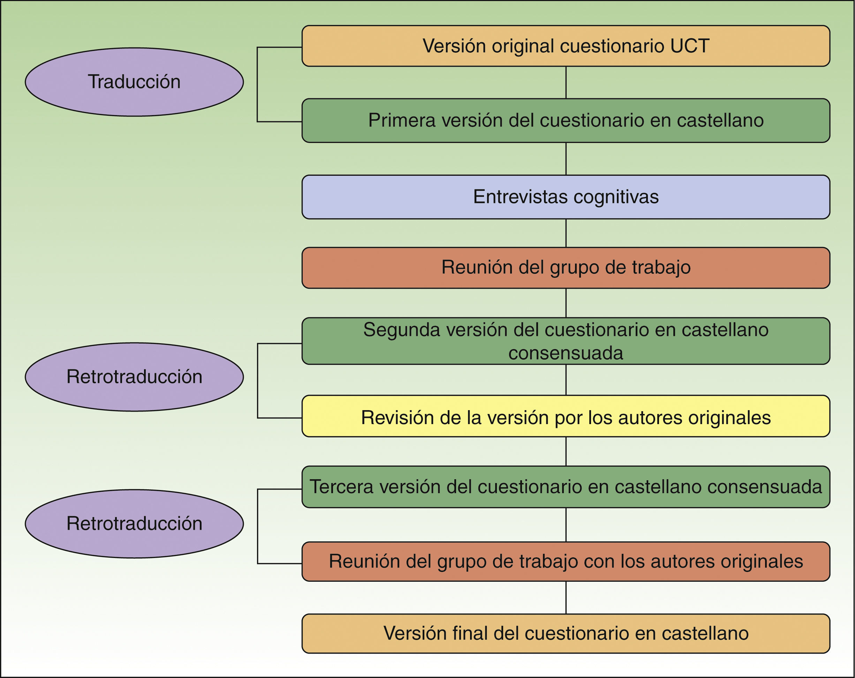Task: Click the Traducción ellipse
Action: tap(134, 82)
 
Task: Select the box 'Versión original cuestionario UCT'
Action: tap(566, 46)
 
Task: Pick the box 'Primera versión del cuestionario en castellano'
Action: tap(566, 121)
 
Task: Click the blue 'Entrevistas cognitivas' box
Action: tap(566, 197)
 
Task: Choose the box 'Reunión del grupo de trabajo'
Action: tap(566, 268)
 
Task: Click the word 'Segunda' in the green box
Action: tap(401, 330)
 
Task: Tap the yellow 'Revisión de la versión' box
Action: tap(566, 416)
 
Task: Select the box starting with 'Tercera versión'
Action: tap(566, 487)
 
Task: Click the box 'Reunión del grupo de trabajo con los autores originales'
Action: tap(566, 562)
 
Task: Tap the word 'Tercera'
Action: tap(341, 487)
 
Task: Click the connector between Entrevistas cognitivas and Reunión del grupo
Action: tap(566, 233)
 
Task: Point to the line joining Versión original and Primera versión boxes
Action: tap(566, 83)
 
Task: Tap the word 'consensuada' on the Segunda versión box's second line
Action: tap(566, 353)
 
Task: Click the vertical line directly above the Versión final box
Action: tap(566, 597)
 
